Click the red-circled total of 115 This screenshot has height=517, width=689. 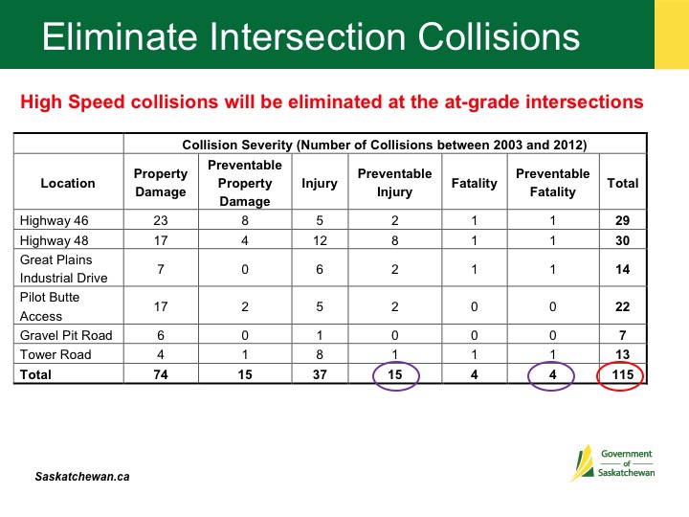coord(623,374)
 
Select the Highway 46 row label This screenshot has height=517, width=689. coord(54,220)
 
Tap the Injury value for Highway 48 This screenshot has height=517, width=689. coord(320,240)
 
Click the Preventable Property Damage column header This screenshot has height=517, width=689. coord(245,183)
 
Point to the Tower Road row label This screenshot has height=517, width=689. coord(56,354)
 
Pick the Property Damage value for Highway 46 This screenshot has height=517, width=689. coord(161,220)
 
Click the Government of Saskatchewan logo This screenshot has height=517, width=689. coord(612,463)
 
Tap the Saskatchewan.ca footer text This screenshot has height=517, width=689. coord(82,477)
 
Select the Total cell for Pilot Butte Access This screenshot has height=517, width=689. coord(623,306)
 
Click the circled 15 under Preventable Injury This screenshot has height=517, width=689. coord(395,374)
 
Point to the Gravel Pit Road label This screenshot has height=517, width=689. coord(66,335)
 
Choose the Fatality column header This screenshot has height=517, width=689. coord(474,183)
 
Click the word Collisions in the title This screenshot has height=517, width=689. coord(499,36)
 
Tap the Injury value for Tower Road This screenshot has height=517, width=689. coord(320,354)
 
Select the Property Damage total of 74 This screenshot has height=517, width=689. coord(161,374)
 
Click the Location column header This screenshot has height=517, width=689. coord(68,183)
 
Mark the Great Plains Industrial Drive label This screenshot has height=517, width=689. coord(64,269)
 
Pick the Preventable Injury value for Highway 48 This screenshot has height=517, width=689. coord(395,240)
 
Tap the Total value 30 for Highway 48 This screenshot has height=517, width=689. coord(623,240)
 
